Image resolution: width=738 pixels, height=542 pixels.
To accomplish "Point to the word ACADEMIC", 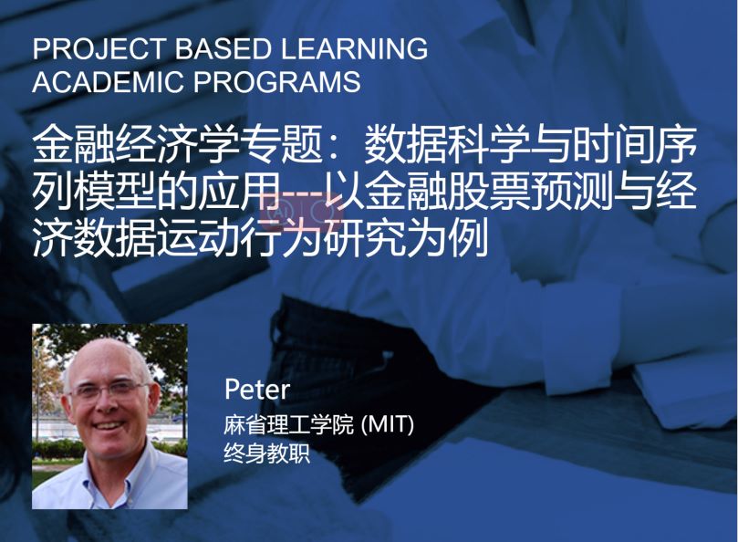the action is coord(108,81).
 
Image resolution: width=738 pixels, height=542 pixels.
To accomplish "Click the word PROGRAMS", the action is coord(276,81).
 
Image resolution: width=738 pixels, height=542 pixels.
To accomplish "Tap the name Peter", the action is coord(257,390).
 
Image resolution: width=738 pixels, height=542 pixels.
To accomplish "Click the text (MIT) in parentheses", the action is coord(387,424).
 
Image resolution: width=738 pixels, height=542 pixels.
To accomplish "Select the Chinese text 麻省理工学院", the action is coord(288,424).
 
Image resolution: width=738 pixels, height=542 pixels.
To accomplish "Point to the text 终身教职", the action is coord(267,453).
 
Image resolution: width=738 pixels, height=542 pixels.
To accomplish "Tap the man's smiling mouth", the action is coord(109,427).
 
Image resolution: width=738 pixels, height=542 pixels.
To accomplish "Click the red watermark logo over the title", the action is coord(302,212).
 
